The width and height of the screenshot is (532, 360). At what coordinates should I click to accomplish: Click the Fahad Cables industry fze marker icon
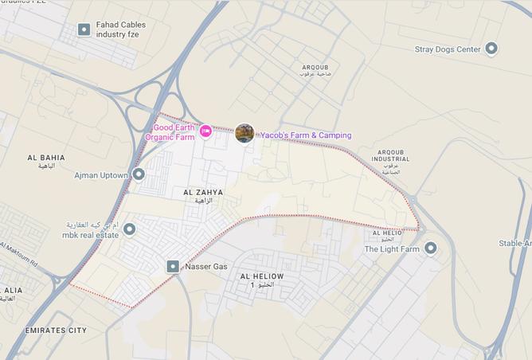coord(84,29)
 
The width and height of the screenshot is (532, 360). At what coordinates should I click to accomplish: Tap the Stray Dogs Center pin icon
coord(491,49)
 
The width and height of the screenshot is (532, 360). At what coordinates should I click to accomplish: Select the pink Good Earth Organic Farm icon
coord(205,131)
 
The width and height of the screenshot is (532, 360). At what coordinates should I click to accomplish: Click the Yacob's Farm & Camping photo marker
coord(244,133)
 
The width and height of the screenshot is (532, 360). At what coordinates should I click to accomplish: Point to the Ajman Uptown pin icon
coord(139,174)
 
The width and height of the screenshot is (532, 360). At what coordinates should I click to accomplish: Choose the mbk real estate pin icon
coord(129,229)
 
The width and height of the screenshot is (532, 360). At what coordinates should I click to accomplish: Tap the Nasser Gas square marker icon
coord(173,266)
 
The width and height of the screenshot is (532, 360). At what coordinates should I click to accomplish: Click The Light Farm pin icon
coord(431,248)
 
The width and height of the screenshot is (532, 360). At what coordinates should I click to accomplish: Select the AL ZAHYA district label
coord(203,193)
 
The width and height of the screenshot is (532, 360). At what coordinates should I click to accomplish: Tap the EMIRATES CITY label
coord(56,330)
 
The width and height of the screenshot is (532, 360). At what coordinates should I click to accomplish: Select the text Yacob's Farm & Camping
coord(305,135)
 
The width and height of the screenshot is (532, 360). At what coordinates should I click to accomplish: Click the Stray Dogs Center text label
coord(448,49)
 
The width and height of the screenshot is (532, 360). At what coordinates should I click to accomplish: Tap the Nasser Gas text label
coord(206,266)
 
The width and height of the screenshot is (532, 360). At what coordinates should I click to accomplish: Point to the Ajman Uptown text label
coord(101,174)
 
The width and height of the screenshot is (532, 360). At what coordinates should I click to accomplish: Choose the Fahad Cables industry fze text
coord(121,29)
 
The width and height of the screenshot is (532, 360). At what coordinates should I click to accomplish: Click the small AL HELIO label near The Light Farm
coord(387,233)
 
